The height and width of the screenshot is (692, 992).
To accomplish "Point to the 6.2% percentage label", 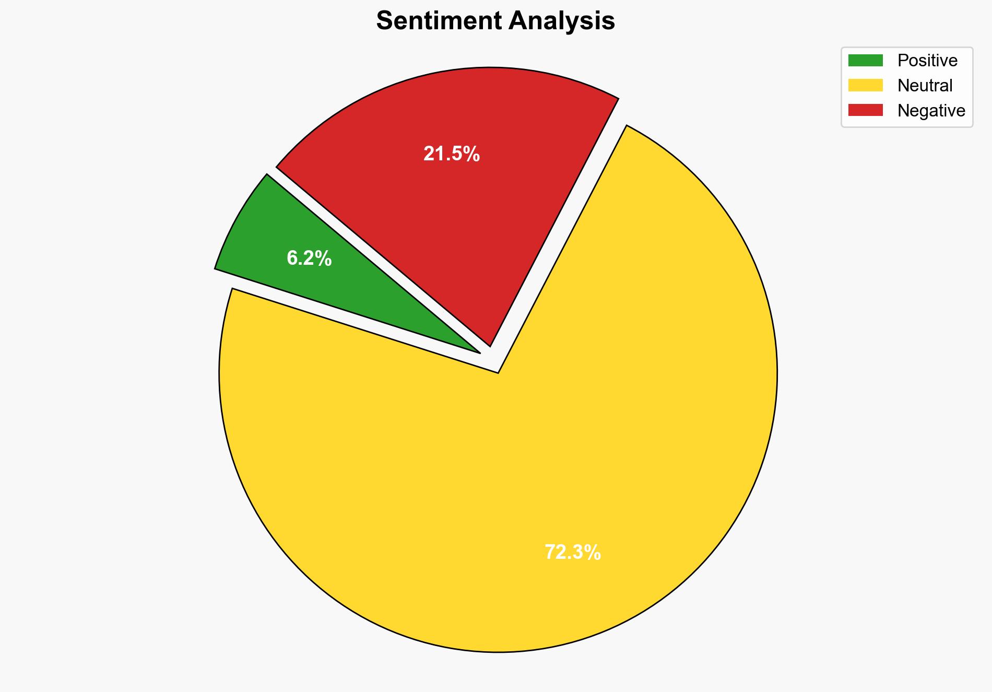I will point(309,259).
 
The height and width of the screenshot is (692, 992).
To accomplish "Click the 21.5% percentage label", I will point(451,154).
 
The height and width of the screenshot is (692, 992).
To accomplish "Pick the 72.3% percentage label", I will point(572,553).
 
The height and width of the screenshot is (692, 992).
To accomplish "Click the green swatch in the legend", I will point(865,61).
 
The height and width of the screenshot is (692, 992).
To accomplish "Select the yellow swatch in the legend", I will point(865,85).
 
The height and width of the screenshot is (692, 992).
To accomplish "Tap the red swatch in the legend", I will point(865,110).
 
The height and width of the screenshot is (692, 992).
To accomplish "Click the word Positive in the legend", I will point(927,61).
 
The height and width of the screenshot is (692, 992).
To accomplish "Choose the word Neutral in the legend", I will point(925,86).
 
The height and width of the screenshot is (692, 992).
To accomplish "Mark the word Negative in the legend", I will point(931,111).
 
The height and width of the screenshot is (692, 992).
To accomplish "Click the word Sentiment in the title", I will point(438,21).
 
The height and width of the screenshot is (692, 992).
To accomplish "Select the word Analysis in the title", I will point(562,21).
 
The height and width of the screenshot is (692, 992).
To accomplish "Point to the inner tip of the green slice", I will point(478,352).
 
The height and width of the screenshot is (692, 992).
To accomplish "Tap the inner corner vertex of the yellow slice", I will point(498,372).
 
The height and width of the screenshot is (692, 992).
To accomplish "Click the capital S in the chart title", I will point(384,21).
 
